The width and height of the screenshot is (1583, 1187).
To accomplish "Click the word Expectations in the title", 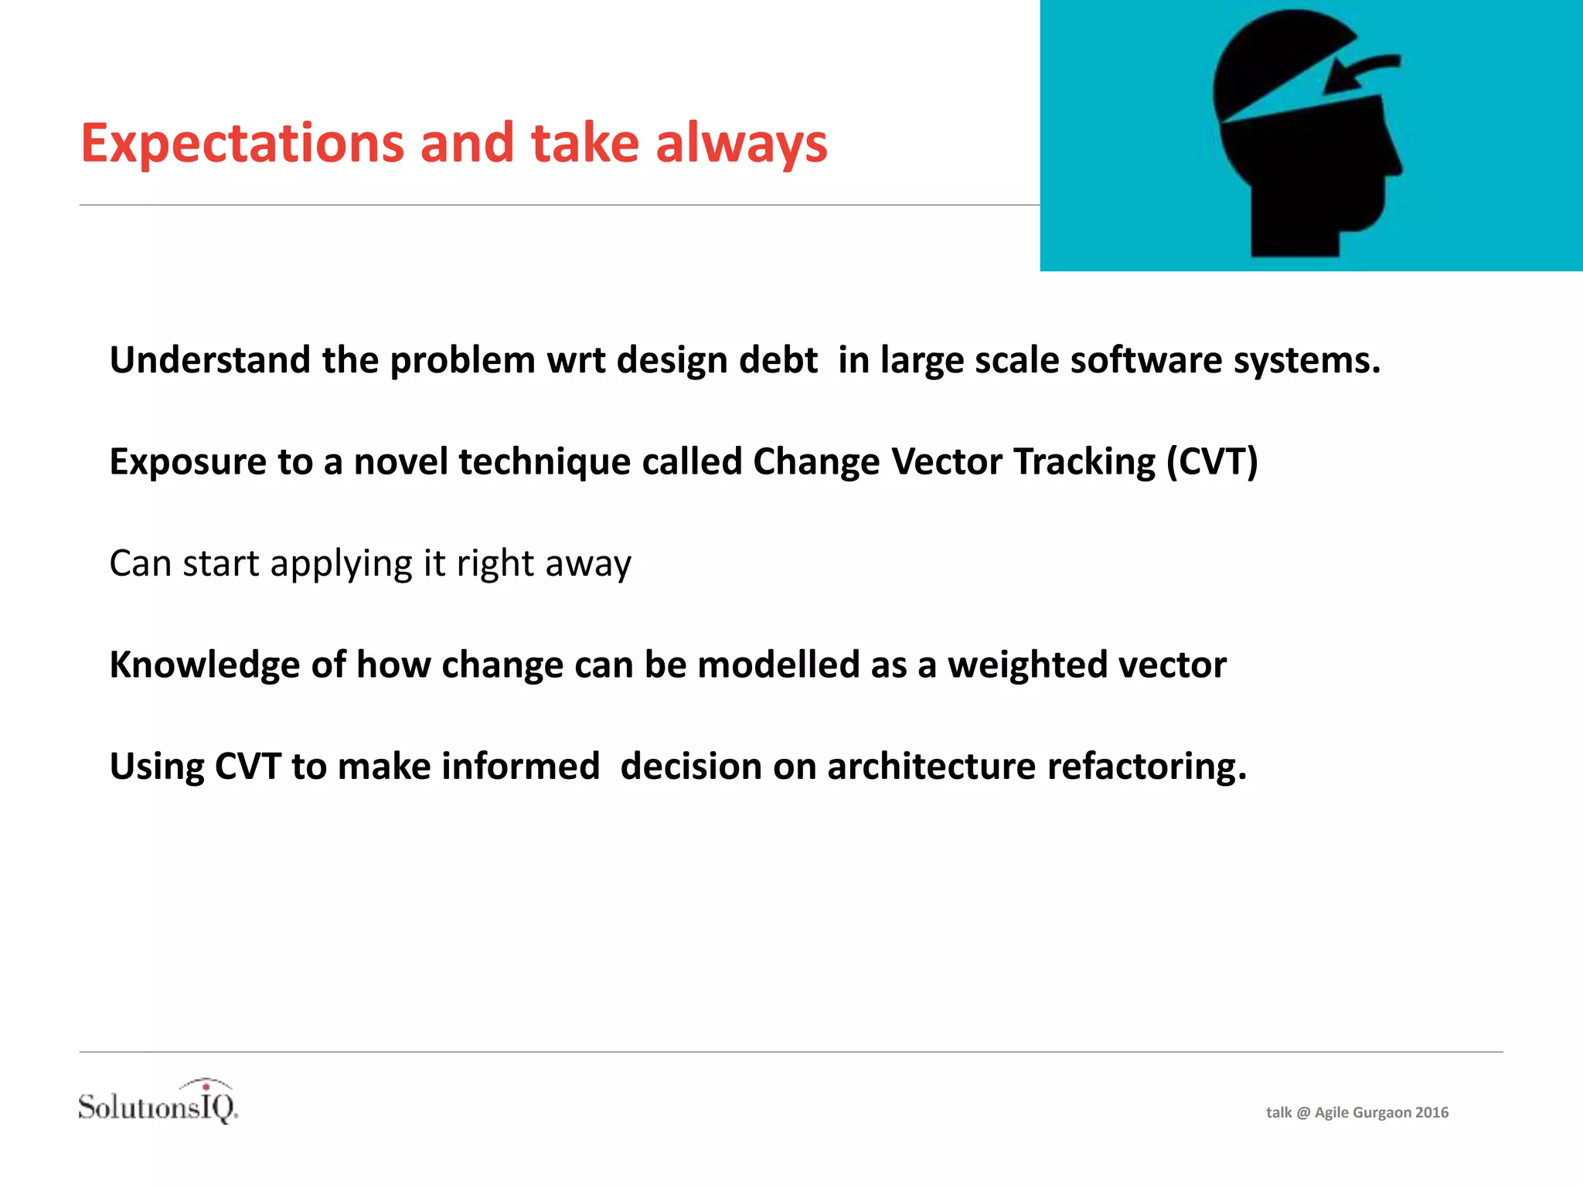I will pyautogui.click(x=242, y=145).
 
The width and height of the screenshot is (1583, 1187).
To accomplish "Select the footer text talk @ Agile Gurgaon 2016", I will pyautogui.click(x=1357, y=1112).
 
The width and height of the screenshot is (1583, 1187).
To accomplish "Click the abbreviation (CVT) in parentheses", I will pyautogui.click(x=1212, y=462).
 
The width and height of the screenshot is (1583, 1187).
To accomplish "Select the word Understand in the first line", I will pyautogui.click(x=210, y=361).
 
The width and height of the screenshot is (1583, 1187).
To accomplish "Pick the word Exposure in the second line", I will pyautogui.click(x=188, y=462).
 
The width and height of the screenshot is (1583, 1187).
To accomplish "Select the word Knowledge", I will pyautogui.click(x=204, y=665).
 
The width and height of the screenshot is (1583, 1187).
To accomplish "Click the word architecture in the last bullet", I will pyautogui.click(x=931, y=767).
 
